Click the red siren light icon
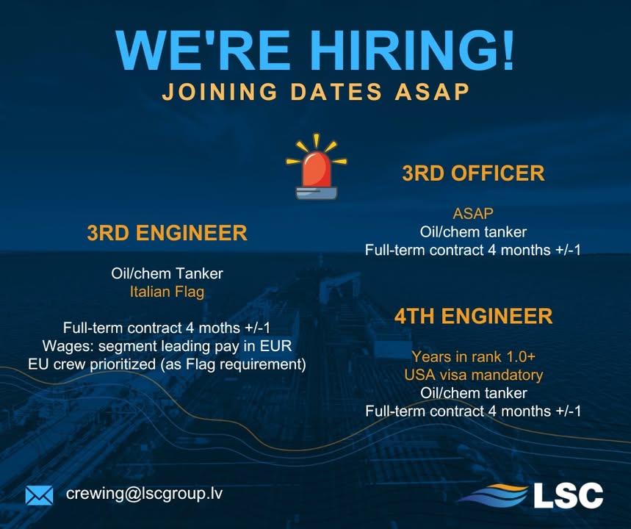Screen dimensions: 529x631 tap(317, 170)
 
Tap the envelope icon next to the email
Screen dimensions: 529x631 tap(39, 495)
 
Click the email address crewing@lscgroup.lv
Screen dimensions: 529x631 tap(144, 494)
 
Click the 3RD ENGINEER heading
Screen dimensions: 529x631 tap(167, 234)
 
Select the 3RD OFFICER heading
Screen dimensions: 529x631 tap(473, 173)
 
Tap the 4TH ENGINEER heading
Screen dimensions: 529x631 tap(473, 317)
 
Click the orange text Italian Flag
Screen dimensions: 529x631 tap(167, 292)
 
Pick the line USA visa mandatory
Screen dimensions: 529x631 tap(473, 375)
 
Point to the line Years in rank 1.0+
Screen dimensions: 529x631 tap(473, 356)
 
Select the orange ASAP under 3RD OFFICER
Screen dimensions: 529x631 tap(473, 214)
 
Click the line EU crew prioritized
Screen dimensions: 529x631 tap(167, 364)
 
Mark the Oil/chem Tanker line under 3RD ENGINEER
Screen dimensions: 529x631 tap(167, 273)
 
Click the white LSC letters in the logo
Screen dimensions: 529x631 tap(568, 494)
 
